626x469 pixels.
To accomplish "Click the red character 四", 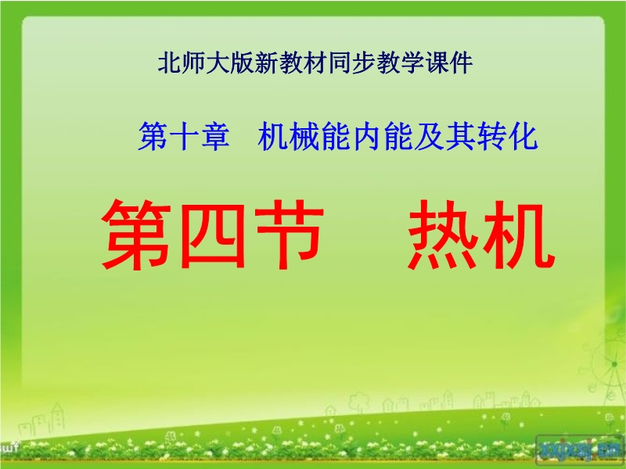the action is pyautogui.click(x=212, y=236).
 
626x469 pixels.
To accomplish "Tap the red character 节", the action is pyautogui.click(x=289, y=234).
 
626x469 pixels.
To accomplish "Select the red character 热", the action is pyautogui.click(x=443, y=234).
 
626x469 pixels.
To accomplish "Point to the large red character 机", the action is pyautogui.click(x=519, y=234).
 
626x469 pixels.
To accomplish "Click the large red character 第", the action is pyautogui.click(x=136, y=234).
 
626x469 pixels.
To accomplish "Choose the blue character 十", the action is pyautogui.click(x=184, y=136).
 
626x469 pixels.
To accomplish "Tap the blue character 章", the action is pyautogui.click(x=215, y=136).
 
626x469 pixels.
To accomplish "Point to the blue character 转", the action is pyautogui.click(x=492, y=136).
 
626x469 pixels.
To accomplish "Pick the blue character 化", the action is pyautogui.click(x=523, y=136).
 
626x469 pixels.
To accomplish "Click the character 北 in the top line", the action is pyautogui.click(x=170, y=63).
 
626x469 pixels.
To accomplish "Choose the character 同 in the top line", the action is pyautogui.click(x=340, y=63).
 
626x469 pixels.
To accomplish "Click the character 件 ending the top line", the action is pyautogui.click(x=461, y=63).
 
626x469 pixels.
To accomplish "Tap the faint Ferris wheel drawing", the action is pyautogui.click(x=609, y=365).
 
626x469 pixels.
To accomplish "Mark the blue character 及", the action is pyautogui.click(x=429, y=136).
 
